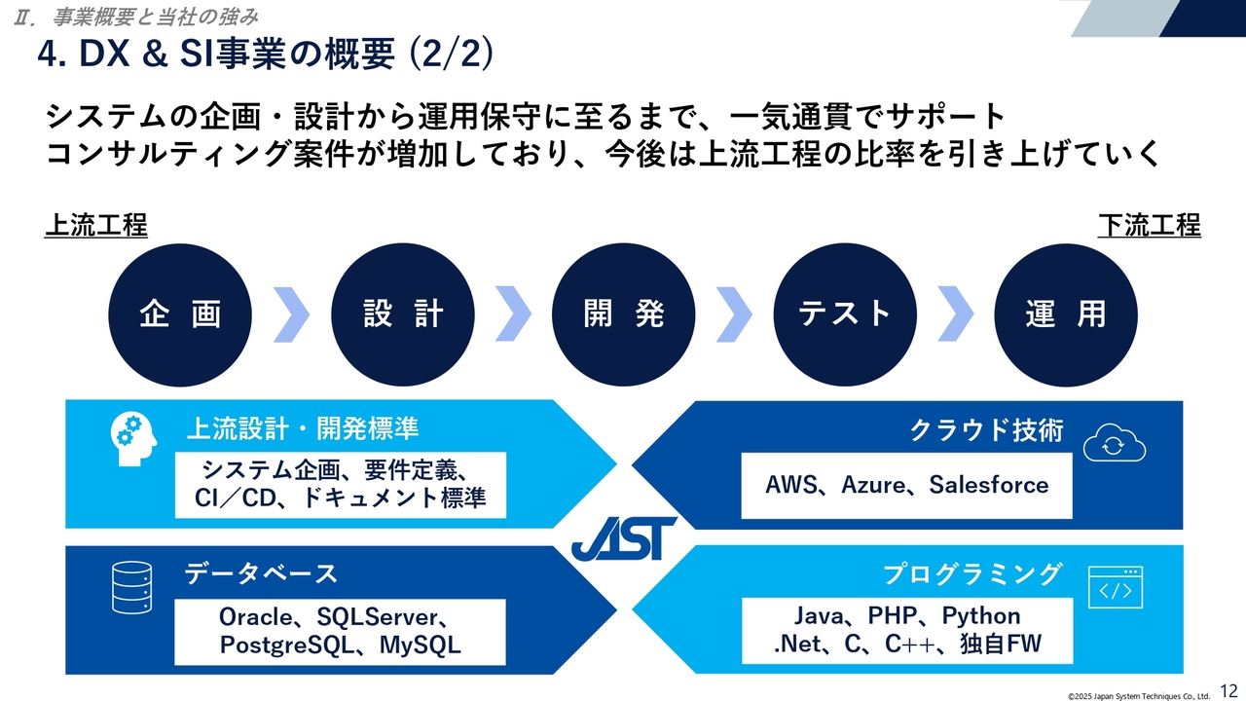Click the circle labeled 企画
(x=180, y=314)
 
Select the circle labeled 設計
(x=403, y=314)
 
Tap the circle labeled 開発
(x=624, y=314)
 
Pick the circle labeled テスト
(x=845, y=314)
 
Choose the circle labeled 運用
(x=1066, y=314)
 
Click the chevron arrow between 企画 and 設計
(x=291, y=314)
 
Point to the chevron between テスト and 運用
(x=955, y=314)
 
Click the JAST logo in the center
(x=624, y=537)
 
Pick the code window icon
(x=1115, y=587)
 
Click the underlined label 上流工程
(x=95, y=226)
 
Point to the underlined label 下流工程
(x=1149, y=226)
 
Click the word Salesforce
(x=988, y=485)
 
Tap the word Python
(x=980, y=615)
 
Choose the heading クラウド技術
(x=985, y=430)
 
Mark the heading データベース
(x=261, y=573)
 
